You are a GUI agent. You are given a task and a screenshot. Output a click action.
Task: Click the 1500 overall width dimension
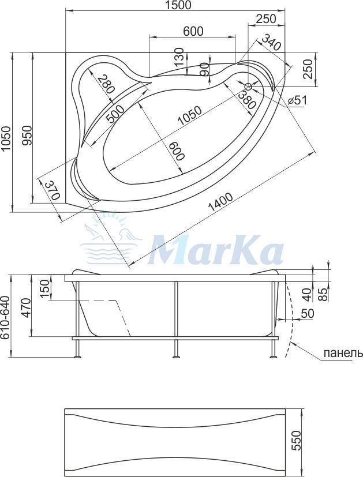point(178,5)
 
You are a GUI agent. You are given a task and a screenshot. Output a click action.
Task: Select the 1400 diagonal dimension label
point(220,202)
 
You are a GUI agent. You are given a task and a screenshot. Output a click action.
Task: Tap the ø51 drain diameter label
point(297,100)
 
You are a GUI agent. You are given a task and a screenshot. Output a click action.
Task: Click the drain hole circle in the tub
point(248,87)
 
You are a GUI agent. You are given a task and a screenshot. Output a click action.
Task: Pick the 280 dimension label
point(106,84)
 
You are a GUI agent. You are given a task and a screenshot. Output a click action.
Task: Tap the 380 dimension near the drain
point(246,100)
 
